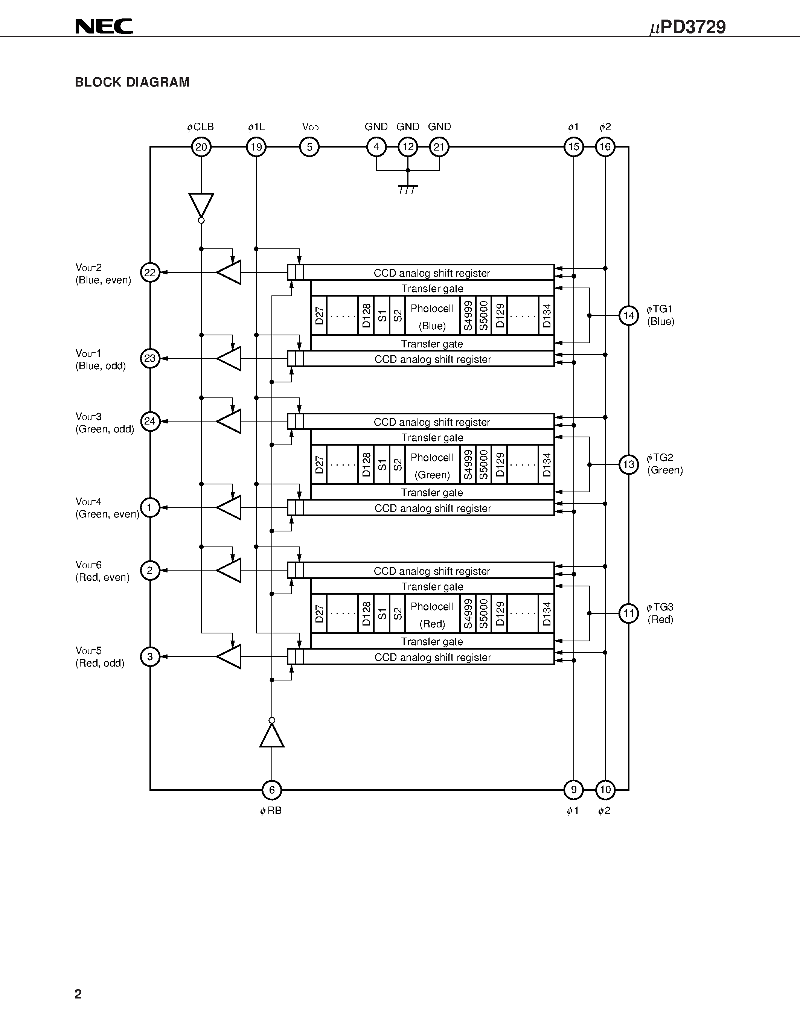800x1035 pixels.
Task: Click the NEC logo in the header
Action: tap(104, 27)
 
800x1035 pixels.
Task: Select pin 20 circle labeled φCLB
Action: tap(201, 147)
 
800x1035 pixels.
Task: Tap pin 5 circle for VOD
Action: tap(309, 147)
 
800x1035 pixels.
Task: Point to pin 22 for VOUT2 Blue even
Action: tap(150, 272)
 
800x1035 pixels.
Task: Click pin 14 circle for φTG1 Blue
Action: tap(628, 316)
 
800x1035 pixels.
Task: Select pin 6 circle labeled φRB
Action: tap(271, 790)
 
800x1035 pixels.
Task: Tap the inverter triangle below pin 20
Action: tap(201, 205)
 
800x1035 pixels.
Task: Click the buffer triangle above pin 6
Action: tap(271, 736)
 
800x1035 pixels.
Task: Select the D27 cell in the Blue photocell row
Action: tap(319, 316)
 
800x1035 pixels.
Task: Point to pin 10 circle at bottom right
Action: tap(605, 790)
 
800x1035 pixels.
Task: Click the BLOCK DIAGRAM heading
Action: tap(132, 82)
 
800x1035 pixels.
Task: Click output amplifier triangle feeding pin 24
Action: tap(229, 421)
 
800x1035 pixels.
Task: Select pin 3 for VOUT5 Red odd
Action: tap(150, 657)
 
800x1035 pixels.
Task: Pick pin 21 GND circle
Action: tap(439, 147)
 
